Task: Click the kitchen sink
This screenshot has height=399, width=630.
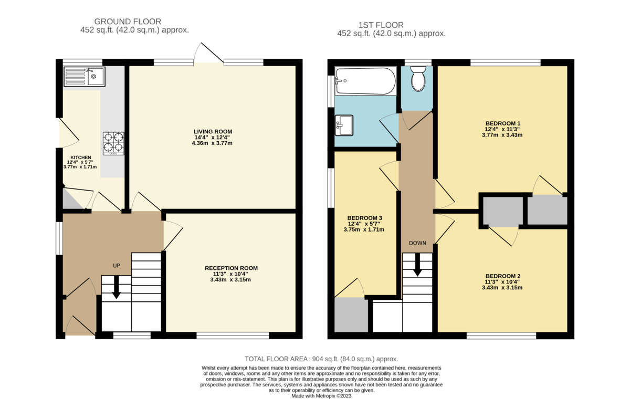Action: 84,77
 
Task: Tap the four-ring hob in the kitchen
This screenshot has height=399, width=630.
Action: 114,142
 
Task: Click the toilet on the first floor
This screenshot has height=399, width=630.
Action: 418,80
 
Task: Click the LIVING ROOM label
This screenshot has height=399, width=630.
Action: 212,131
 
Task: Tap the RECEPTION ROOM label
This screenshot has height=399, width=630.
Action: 231,268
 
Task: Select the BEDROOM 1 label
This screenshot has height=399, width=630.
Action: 502,123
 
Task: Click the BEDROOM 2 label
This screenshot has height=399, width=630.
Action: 502,276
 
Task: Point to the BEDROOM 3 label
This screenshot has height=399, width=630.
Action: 364,218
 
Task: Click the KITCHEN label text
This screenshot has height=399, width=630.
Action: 81,157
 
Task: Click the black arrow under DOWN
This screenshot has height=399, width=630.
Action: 417,265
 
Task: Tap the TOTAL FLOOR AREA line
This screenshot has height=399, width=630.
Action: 318,359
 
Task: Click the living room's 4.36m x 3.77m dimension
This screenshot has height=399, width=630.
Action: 212,143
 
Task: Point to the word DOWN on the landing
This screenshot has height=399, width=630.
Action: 418,243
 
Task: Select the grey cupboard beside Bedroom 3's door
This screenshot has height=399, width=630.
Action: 351,315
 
